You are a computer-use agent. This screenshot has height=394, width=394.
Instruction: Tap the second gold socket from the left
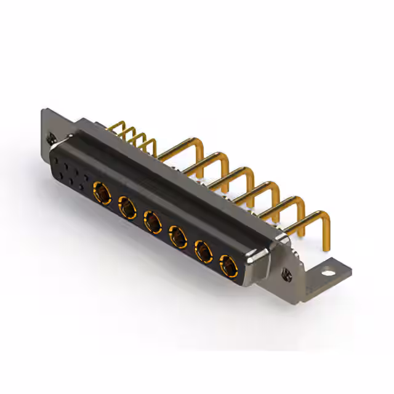click(127, 206)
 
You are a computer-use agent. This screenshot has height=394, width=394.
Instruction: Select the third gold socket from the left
click(153, 220)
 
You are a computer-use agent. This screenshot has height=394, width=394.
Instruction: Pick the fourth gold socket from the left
click(178, 235)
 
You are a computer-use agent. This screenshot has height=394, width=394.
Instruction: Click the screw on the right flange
click(285, 271)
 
